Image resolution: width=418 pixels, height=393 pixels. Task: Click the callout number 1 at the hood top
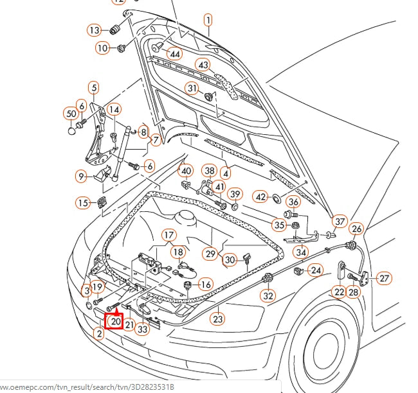pos(208,21)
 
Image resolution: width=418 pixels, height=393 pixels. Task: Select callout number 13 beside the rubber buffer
pos(95,30)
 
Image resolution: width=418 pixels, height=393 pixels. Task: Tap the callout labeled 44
pos(175,53)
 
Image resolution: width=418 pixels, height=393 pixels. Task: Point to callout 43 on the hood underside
pos(203,65)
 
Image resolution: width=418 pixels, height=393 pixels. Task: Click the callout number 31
pos(192,88)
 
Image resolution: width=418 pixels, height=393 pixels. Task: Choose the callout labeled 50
pos(71,114)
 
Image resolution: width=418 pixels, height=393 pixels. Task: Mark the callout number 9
pos(81,176)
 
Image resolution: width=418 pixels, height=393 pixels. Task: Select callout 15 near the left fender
pos(83,203)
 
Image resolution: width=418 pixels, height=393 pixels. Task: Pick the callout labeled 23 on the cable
pos(218,318)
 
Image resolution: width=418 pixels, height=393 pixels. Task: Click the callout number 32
pos(268,296)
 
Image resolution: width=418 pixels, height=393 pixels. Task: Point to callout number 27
pos(383,278)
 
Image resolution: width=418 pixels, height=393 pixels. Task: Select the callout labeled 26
pos(357,229)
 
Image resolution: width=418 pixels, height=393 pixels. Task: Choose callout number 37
pos(340,222)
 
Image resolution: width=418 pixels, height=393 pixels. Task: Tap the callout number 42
pos(260,196)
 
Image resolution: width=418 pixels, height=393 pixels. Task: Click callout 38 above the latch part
pos(209,171)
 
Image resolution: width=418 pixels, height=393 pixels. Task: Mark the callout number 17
pos(168,235)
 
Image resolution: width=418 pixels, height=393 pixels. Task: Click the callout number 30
pos(230,259)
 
